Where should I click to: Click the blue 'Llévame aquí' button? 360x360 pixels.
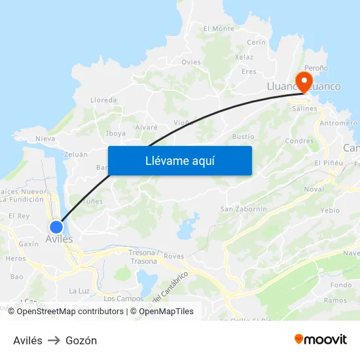coord(179,160)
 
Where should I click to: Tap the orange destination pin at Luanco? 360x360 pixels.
coord(304,81)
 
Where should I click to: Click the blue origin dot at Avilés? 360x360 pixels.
coord(56,226)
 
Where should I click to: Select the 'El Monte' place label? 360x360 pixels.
coord(219,29)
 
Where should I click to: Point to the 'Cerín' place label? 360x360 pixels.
coord(257,42)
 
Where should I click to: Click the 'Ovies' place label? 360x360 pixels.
coord(191,62)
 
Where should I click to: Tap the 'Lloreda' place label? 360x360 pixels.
coord(103,100)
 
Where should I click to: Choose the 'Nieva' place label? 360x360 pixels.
coord(45,139)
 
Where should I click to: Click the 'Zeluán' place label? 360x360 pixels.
coord(76,154)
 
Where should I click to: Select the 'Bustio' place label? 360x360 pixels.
coord(243,137)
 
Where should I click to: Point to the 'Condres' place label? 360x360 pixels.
coord(299,141)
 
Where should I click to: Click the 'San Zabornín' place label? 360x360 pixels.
coord(243,209)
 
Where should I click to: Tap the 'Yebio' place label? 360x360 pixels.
coord(331,211)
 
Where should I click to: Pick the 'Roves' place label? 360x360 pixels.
coord(174,257)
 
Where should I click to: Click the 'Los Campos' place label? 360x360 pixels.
coord(124,298)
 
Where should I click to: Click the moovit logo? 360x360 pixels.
coord(320,340)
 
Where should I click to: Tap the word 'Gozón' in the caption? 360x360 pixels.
coord(81,340)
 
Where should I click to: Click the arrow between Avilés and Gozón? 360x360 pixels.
coord(54,340)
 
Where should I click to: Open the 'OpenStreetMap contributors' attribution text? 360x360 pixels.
coord(65,312)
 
